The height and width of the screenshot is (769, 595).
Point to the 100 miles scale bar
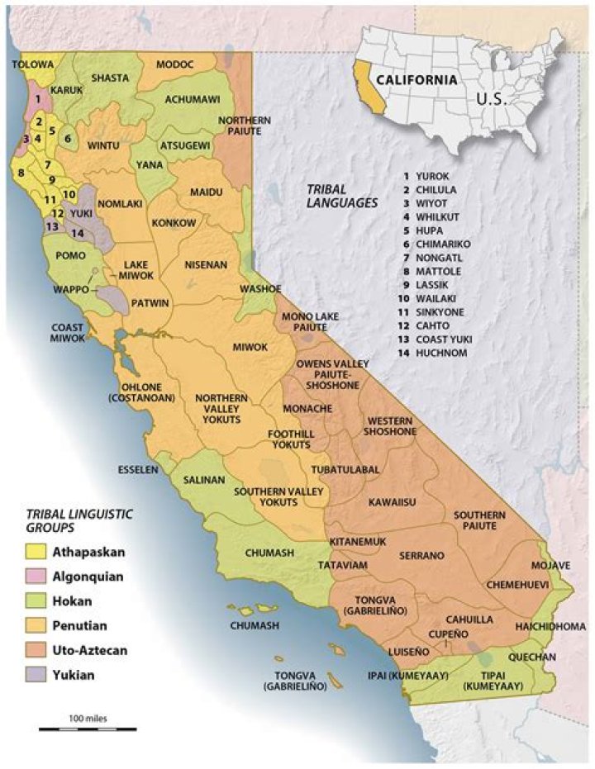(x=88, y=728)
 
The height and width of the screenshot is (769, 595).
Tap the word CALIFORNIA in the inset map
(x=413, y=80)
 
